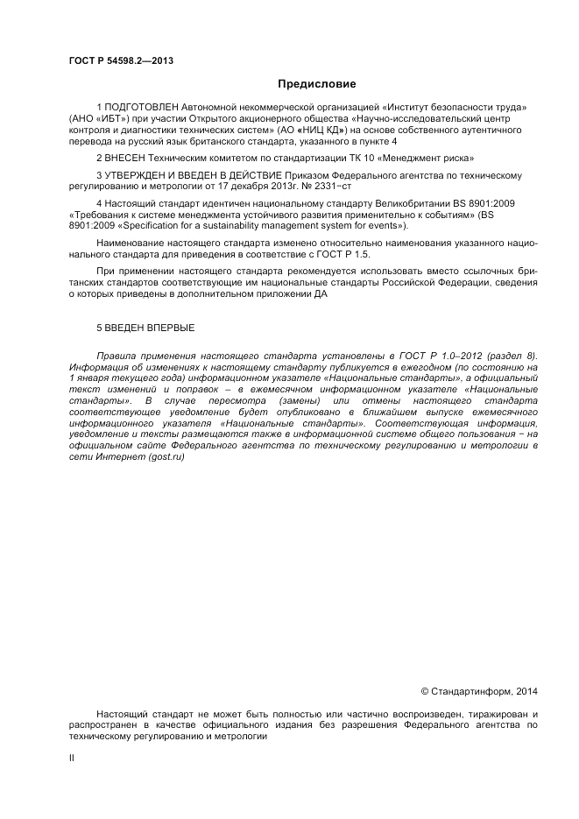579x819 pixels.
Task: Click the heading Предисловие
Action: tap(316, 84)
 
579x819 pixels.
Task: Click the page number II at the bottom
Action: tap(71, 759)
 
